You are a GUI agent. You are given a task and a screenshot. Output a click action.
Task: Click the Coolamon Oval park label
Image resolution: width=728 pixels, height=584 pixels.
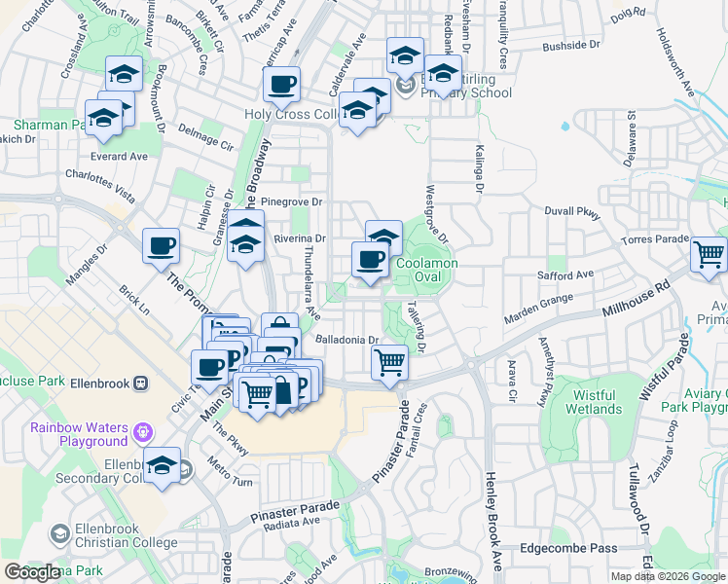[426, 270]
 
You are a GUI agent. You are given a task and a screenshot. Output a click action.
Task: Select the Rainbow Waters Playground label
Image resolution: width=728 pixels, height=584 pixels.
[78, 434]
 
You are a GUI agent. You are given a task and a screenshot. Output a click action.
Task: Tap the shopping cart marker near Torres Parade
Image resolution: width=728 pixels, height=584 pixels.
[709, 256]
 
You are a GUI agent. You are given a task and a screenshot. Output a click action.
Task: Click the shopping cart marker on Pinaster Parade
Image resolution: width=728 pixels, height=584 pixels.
[390, 362]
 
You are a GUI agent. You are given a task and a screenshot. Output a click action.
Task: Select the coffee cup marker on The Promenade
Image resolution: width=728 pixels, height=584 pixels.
[161, 245]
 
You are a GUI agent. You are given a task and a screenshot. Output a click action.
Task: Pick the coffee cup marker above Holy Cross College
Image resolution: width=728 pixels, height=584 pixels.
[281, 85]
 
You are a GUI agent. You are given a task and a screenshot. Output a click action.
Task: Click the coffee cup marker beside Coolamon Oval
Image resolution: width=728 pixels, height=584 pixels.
[369, 260]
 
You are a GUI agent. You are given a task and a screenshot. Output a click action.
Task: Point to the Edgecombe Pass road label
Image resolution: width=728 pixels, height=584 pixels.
[568, 548]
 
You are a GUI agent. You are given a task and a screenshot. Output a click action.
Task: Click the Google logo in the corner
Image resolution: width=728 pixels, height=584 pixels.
[32, 572]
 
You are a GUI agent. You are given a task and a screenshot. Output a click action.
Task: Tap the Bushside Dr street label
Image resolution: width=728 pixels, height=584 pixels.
[570, 46]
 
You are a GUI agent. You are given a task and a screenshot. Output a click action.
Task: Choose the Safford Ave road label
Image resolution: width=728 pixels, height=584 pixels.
[565, 275]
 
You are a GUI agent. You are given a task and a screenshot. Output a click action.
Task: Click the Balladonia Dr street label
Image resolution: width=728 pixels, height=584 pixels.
[347, 340]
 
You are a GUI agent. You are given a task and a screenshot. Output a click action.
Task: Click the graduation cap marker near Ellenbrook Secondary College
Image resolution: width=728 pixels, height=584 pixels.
[162, 465]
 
